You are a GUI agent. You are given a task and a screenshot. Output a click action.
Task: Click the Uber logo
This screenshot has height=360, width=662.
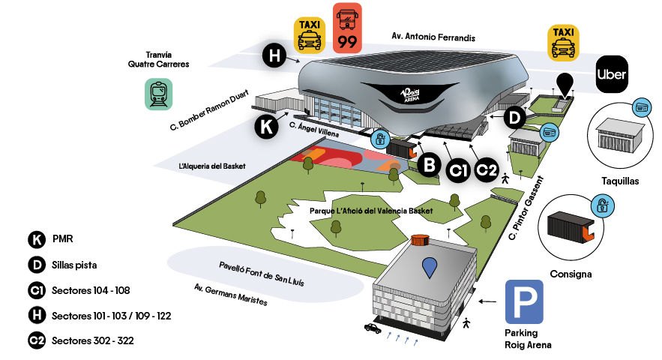click(x=611, y=74)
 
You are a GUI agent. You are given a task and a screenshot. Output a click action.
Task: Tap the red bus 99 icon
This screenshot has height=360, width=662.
click(x=347, y=28)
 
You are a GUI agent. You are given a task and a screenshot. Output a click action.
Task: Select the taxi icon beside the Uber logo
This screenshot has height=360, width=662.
click(x=563, y=43)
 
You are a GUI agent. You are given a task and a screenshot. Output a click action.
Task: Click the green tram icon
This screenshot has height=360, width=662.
click(x=159, y=94)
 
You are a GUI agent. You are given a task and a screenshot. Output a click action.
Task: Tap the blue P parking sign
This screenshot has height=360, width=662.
click(x=524, y=302)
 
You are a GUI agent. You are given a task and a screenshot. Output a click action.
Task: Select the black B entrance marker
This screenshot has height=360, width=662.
click(x=428, y=164)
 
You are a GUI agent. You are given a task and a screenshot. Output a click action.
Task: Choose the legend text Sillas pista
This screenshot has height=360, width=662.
click(x=75, y=265)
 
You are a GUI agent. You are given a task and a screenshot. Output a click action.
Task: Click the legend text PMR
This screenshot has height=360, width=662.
click(x=62, y=240)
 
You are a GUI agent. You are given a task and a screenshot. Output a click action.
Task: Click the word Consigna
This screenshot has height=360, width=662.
click(x=571, y=274)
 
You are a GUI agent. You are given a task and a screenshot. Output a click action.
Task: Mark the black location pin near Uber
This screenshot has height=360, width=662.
click(x=563, y=85)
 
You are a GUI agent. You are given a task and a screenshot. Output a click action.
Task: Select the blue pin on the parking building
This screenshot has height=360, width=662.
click(x=429, y=268)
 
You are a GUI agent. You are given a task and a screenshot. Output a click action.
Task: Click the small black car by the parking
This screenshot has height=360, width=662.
click(x=372, y=328)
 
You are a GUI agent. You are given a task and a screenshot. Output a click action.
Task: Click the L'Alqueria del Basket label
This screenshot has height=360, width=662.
click(x=213, y=165)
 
